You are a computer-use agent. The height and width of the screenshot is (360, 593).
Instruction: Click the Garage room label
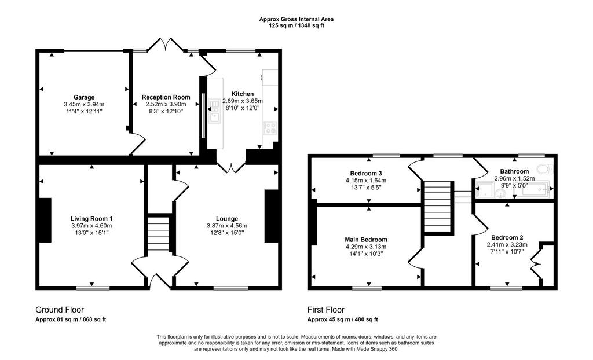click(x=84, y=97)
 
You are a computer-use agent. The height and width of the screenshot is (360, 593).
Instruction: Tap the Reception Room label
click(x=166, y=97)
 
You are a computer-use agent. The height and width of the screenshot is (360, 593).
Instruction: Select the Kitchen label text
click(x=243, y=94)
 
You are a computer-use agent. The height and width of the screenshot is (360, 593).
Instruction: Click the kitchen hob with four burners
click(x=270, y=128)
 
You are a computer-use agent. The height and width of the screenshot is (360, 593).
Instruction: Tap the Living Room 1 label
click(x=91, y=219)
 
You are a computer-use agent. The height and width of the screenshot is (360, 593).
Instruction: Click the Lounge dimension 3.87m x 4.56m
click(x=227, y=226)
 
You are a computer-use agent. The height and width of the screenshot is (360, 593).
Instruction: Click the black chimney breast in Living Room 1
click(x=45, y=220)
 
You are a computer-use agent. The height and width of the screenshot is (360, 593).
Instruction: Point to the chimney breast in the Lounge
click(x=272, y=216)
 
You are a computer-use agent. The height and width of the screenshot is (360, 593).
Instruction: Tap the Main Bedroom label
click(x=366, y=240)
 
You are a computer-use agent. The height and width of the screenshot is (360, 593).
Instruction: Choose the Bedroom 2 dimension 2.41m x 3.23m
click(x=507, y=245)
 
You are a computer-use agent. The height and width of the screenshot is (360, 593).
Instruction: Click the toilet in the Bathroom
click(x=546, y=168)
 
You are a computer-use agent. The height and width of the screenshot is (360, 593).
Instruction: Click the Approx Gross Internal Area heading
click(x=296, y=19)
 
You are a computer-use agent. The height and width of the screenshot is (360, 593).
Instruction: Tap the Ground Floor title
click(x=60, y=310)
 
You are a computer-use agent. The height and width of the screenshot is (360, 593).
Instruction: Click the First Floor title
click(x=326, y=310)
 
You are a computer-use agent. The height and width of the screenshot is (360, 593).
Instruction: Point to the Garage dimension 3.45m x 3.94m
click(x=84, y=104)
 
